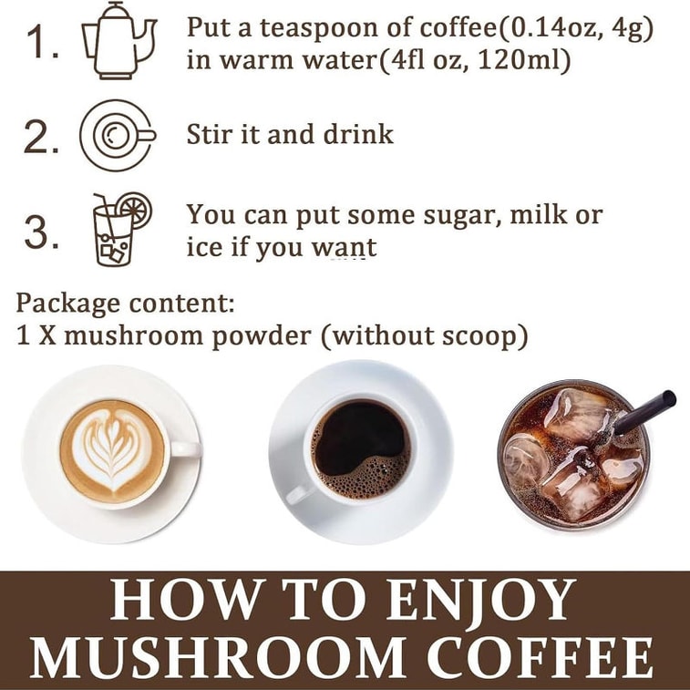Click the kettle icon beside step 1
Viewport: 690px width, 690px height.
(x=118, y=41)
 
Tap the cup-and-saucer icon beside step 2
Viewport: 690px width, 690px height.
(x=118, y=135)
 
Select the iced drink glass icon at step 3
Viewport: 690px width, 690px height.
(x=122, y=230)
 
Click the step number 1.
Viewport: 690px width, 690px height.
(x=42, y=42)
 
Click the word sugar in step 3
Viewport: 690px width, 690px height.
(x=462, y=217)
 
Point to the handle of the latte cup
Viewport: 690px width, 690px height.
(x=186, y=448)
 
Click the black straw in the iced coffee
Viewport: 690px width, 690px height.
(x=644, y=411)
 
